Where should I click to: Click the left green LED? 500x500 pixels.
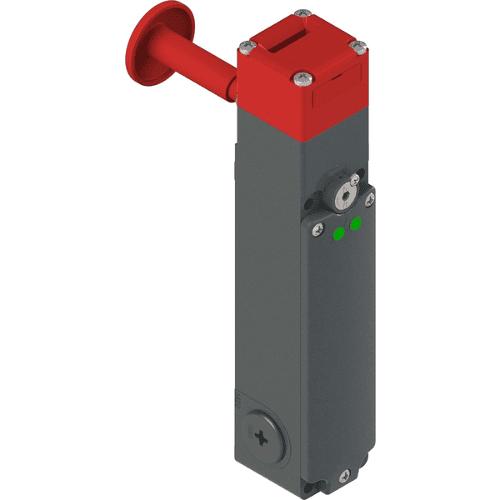[339, 234]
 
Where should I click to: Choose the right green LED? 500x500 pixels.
[357, 222]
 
